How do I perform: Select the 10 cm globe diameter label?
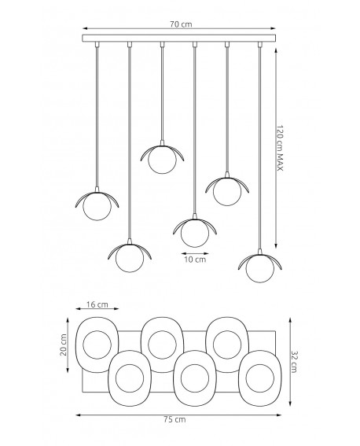click(194, 259)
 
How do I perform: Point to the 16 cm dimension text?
click(98, 304)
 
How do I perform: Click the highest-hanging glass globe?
click(162, 158)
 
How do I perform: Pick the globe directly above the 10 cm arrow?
click(193, 231)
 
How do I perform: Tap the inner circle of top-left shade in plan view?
click(98, 343)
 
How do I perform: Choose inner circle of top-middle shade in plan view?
click(163, 343)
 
